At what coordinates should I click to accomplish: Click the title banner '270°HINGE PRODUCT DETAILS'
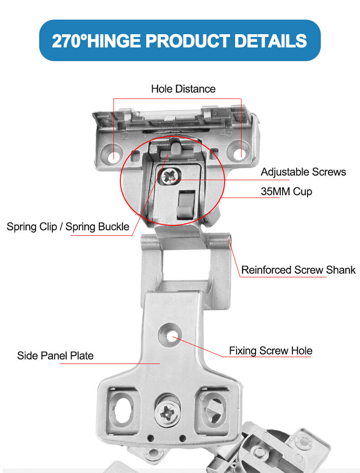180,41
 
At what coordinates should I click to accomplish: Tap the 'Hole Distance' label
183,88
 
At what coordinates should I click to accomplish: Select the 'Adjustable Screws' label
303,172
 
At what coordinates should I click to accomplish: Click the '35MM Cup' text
286,191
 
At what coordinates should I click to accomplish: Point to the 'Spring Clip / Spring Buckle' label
68,227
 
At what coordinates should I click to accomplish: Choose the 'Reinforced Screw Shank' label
298,270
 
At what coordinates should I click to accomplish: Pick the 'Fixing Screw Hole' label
270,351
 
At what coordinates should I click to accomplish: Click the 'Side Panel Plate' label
55,356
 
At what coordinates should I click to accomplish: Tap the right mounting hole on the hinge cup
239,154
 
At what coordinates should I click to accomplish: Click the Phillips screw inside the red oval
170,176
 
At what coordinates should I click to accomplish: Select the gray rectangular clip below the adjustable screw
184,204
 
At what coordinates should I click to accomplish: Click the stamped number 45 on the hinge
226,133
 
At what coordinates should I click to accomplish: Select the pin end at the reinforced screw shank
229,238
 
